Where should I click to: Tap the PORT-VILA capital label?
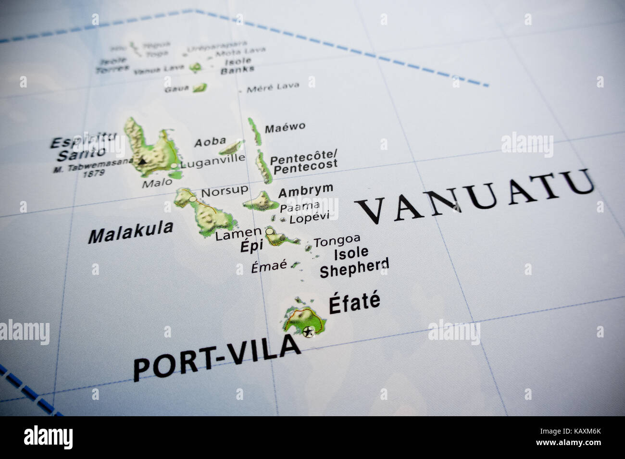pos(216,357)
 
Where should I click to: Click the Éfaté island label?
pos(354,303)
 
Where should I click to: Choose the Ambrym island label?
pos(305,190)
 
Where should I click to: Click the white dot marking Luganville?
pos(174,166)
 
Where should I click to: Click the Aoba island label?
pos(210,142)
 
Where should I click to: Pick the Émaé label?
pos(269,266)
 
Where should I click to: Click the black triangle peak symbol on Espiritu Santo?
pos(142,161)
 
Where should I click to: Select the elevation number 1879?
pos(94,173)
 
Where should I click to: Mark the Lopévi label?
pos(309,217)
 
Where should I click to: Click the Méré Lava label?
pos(273,87)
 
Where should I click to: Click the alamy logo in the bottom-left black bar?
pos(49,437)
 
